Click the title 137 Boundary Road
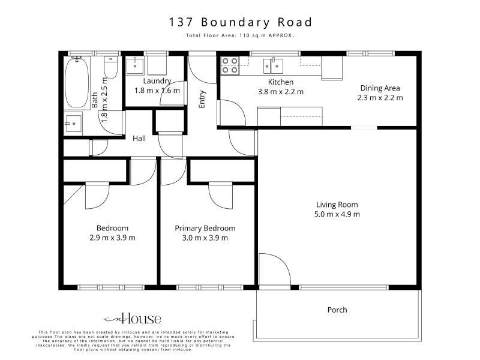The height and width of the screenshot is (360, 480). click(241, 22)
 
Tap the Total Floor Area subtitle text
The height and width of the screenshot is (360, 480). click(240, 35)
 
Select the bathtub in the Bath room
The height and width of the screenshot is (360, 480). click(77, 83)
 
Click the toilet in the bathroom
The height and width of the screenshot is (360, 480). click(111, 67)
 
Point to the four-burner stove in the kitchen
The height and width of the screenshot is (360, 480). click(230, 66)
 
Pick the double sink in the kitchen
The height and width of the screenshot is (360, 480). click(274, 67)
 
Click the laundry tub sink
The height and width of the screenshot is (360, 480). click(135, 65)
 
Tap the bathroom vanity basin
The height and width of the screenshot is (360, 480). click(73, 124)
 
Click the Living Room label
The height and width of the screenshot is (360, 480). click(337, 205)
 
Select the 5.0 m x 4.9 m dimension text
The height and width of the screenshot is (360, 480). click(337, 214)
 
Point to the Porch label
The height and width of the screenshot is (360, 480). click(337, 310)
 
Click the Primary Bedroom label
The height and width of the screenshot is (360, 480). click(205, 228)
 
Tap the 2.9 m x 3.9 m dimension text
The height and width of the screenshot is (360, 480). click(112, 238)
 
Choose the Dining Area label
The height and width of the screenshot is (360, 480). click(380, 88)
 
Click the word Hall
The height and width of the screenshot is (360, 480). click(139, 139)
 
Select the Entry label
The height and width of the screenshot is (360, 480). click(202, 99)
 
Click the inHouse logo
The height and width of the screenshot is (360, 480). click(133, 319)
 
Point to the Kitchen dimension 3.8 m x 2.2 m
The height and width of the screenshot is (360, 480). click(281, 92)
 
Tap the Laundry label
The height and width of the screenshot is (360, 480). click(157, 81)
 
